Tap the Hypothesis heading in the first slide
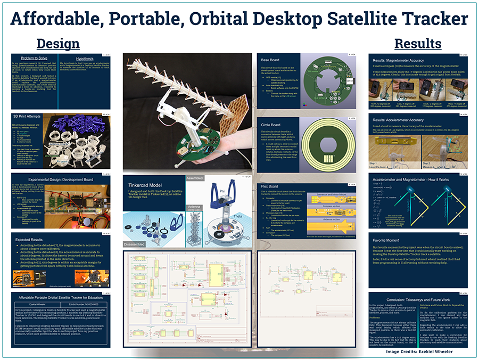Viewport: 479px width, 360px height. tap(85, 58)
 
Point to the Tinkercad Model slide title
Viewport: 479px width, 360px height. tap(148, 185)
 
